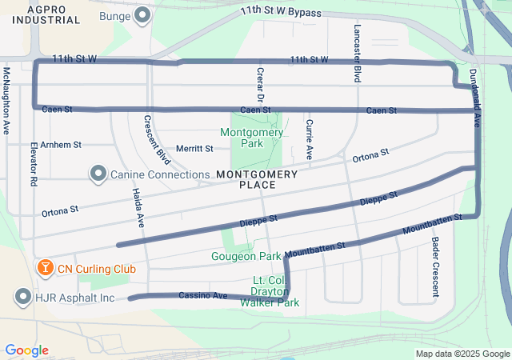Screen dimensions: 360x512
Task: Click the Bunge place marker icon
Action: [143, 15]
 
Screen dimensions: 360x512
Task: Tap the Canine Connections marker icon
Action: [98, 174]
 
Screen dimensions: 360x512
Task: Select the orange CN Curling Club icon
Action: [44, 266]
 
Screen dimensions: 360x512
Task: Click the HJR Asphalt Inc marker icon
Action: [22, 298]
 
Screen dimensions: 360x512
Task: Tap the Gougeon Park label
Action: [246, 257]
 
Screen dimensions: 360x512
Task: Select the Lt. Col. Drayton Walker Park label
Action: [275, 291]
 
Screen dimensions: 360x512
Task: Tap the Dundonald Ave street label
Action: [475, 97]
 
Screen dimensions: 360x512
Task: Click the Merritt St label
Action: [194, 148]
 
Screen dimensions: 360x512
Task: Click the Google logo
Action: [26, 350]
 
